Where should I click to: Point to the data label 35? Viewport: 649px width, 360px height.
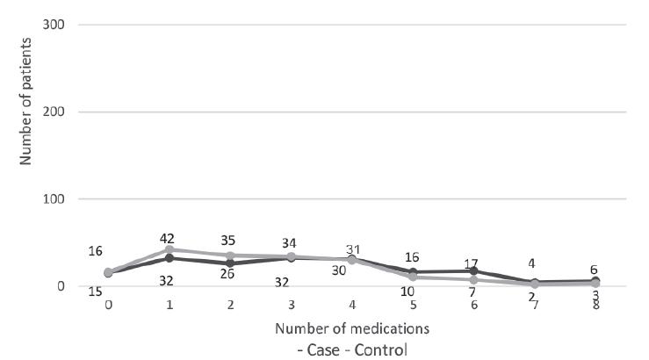pyautogui.click(x=230, y=241)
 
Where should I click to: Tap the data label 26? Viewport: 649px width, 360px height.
pyautogui.click(x=228, y=276)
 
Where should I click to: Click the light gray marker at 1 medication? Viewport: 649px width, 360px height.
pyautogui.click(x=169, y=249)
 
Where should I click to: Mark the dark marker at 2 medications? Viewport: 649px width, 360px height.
pyautogui.click(x=230, y=263)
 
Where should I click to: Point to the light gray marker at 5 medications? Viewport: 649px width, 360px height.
pyautogui.click(x=414, y=277)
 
